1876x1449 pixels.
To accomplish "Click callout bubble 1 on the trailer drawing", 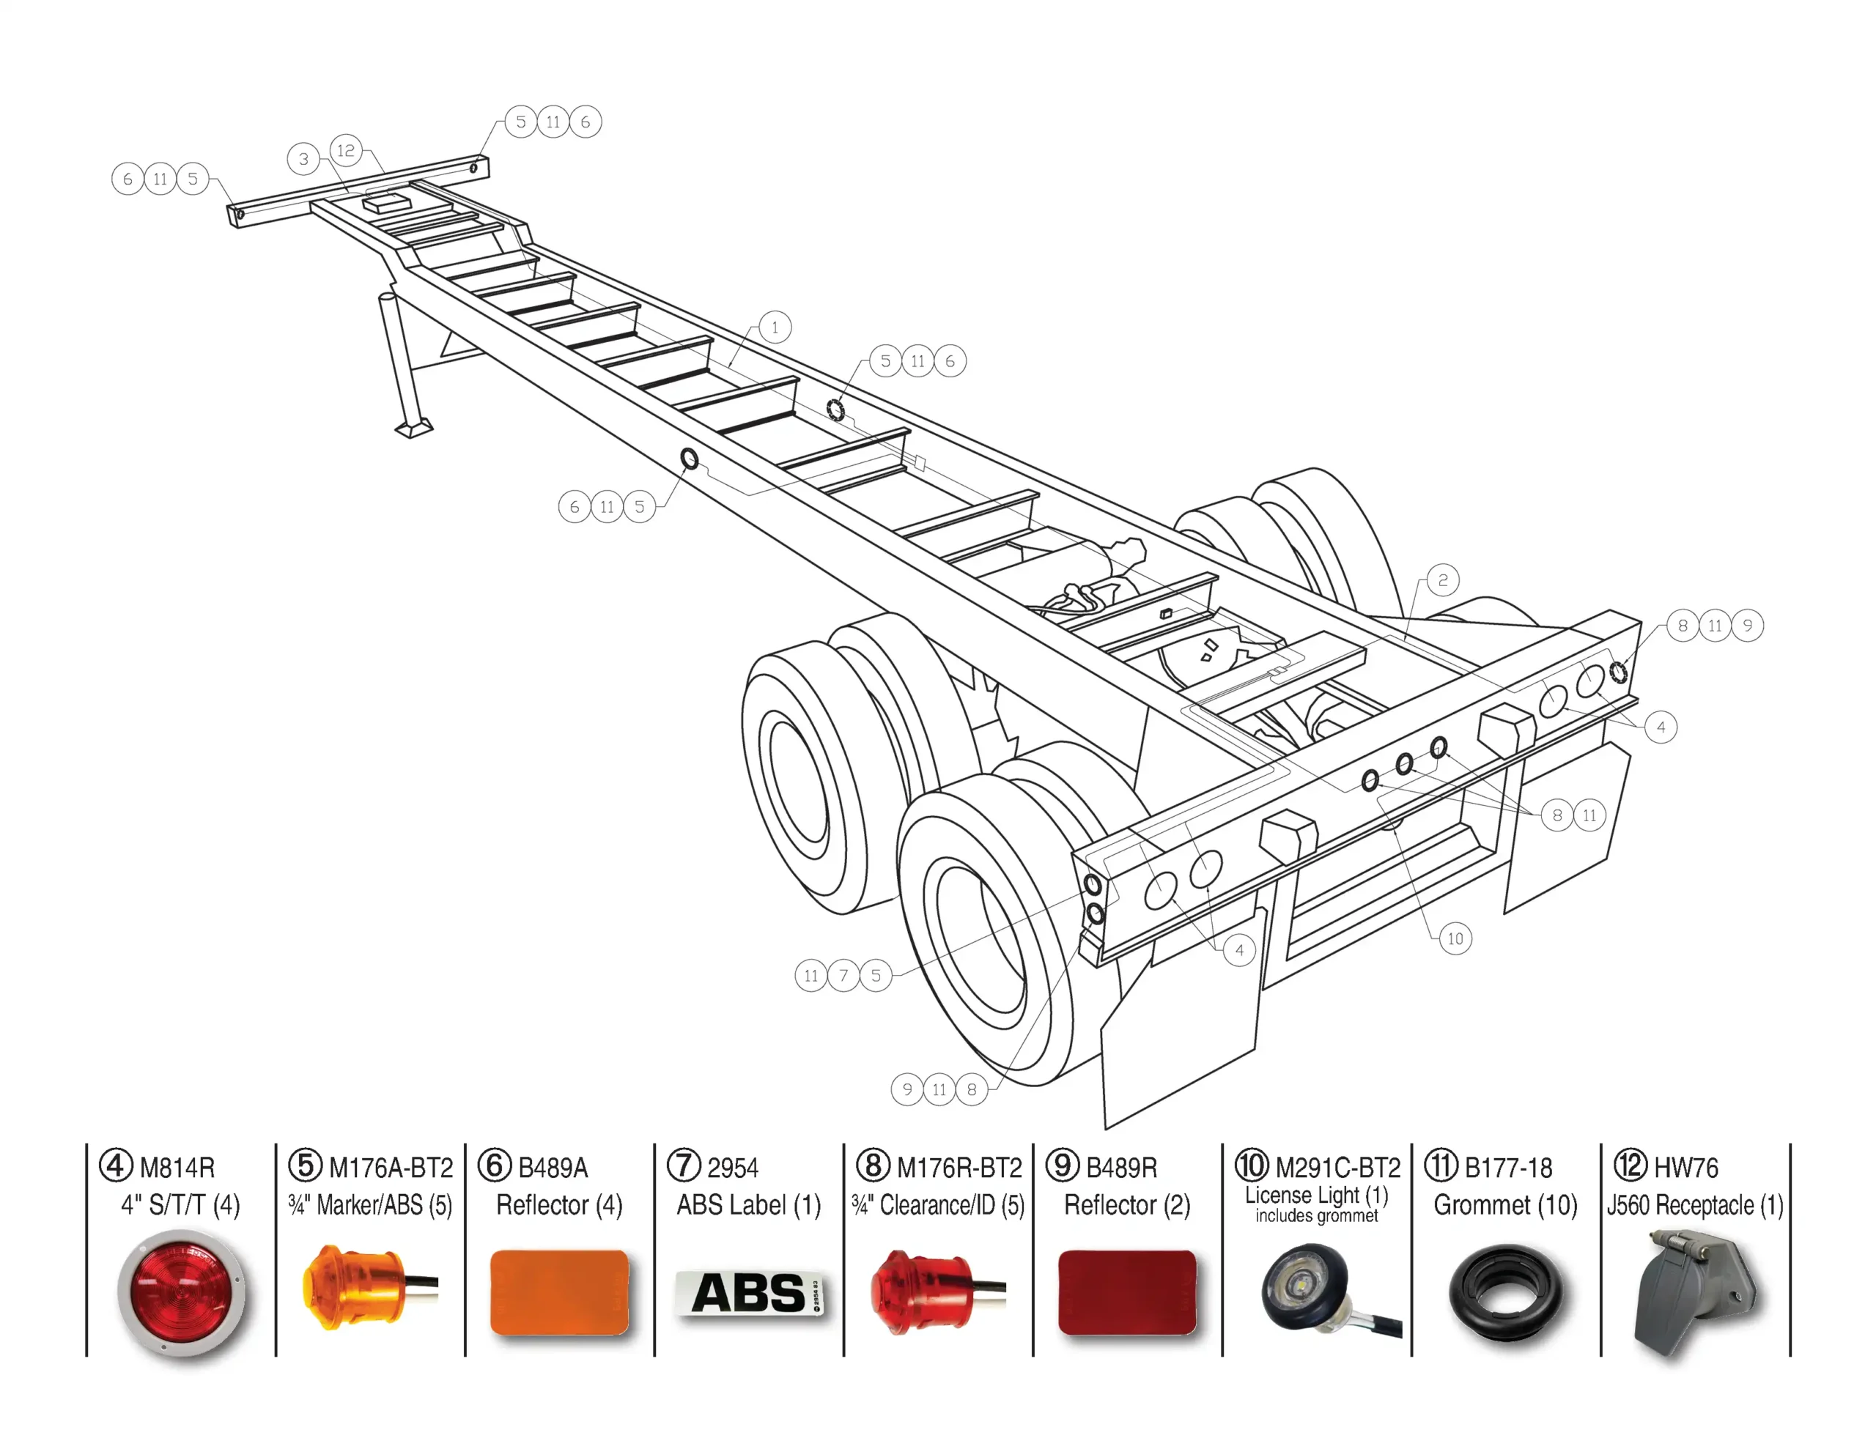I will [x=775, y=327].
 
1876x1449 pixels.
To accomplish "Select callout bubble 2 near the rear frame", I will [x=1443, y=579].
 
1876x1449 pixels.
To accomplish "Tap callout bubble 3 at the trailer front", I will [x=303, y=159].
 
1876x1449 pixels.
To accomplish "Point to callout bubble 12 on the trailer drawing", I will [x=345, y=150].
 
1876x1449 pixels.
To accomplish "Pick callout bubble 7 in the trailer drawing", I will [x=843, y=976].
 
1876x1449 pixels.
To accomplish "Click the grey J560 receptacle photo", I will [x=1694, y=1294].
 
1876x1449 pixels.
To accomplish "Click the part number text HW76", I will [x=1685, y=1168].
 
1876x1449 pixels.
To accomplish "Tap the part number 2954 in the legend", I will [x=733, y=1168].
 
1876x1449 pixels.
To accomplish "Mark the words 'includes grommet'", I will [x=1316, y=1215].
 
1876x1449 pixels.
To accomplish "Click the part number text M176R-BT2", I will [x=959, y=1168].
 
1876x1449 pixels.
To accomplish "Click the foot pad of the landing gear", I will [x=414, y=428].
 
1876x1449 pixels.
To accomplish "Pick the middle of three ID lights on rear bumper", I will [x=1404, y=763].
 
